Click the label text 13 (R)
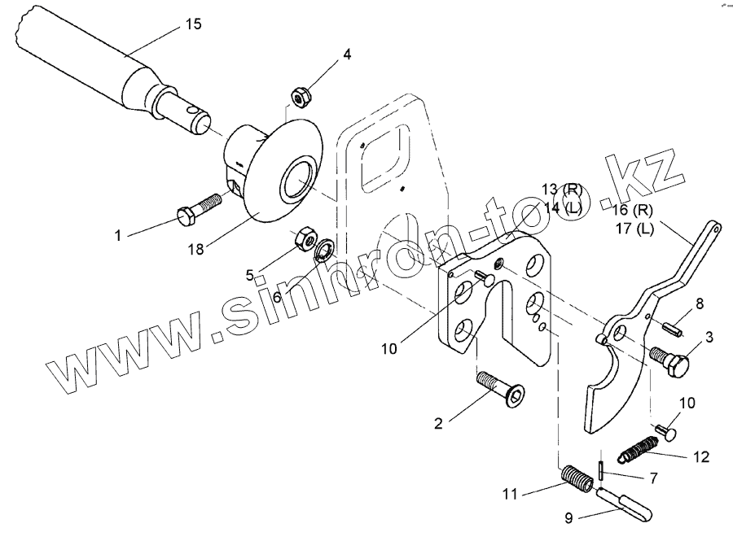point(562,190)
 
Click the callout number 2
point(438,423)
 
